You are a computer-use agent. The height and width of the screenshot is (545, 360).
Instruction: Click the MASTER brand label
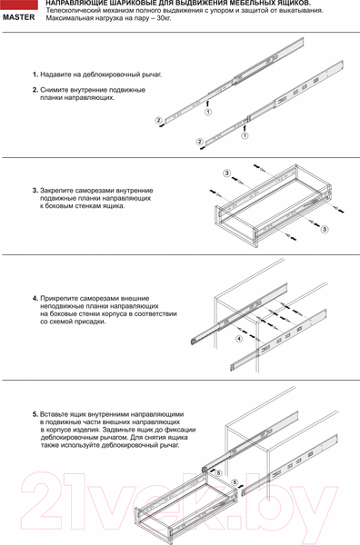(19, 16)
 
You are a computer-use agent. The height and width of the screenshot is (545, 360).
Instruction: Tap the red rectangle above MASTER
(19, 5)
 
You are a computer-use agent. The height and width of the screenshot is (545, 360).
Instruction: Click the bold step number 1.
(35, 74)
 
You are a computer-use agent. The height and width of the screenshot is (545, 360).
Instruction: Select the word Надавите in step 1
(57, 74)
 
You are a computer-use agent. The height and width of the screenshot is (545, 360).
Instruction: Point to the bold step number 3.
(35, 191)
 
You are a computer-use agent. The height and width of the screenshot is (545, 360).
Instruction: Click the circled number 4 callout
(238, 339)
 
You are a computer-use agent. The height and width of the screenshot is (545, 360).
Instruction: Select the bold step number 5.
(35, 414)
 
